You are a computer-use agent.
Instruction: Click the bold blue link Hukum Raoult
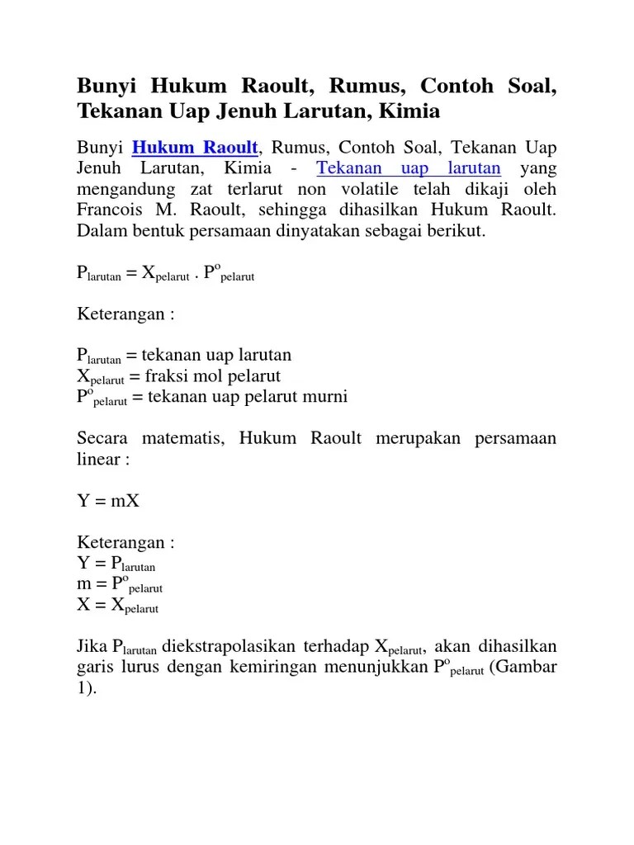(196, 149)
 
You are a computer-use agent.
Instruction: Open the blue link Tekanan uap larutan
(409, 169)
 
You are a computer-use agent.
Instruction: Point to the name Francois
(111, 210)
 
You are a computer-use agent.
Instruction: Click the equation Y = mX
(108, 501)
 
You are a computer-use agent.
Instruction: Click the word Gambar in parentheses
(527, 667)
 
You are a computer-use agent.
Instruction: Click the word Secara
(103, 438)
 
